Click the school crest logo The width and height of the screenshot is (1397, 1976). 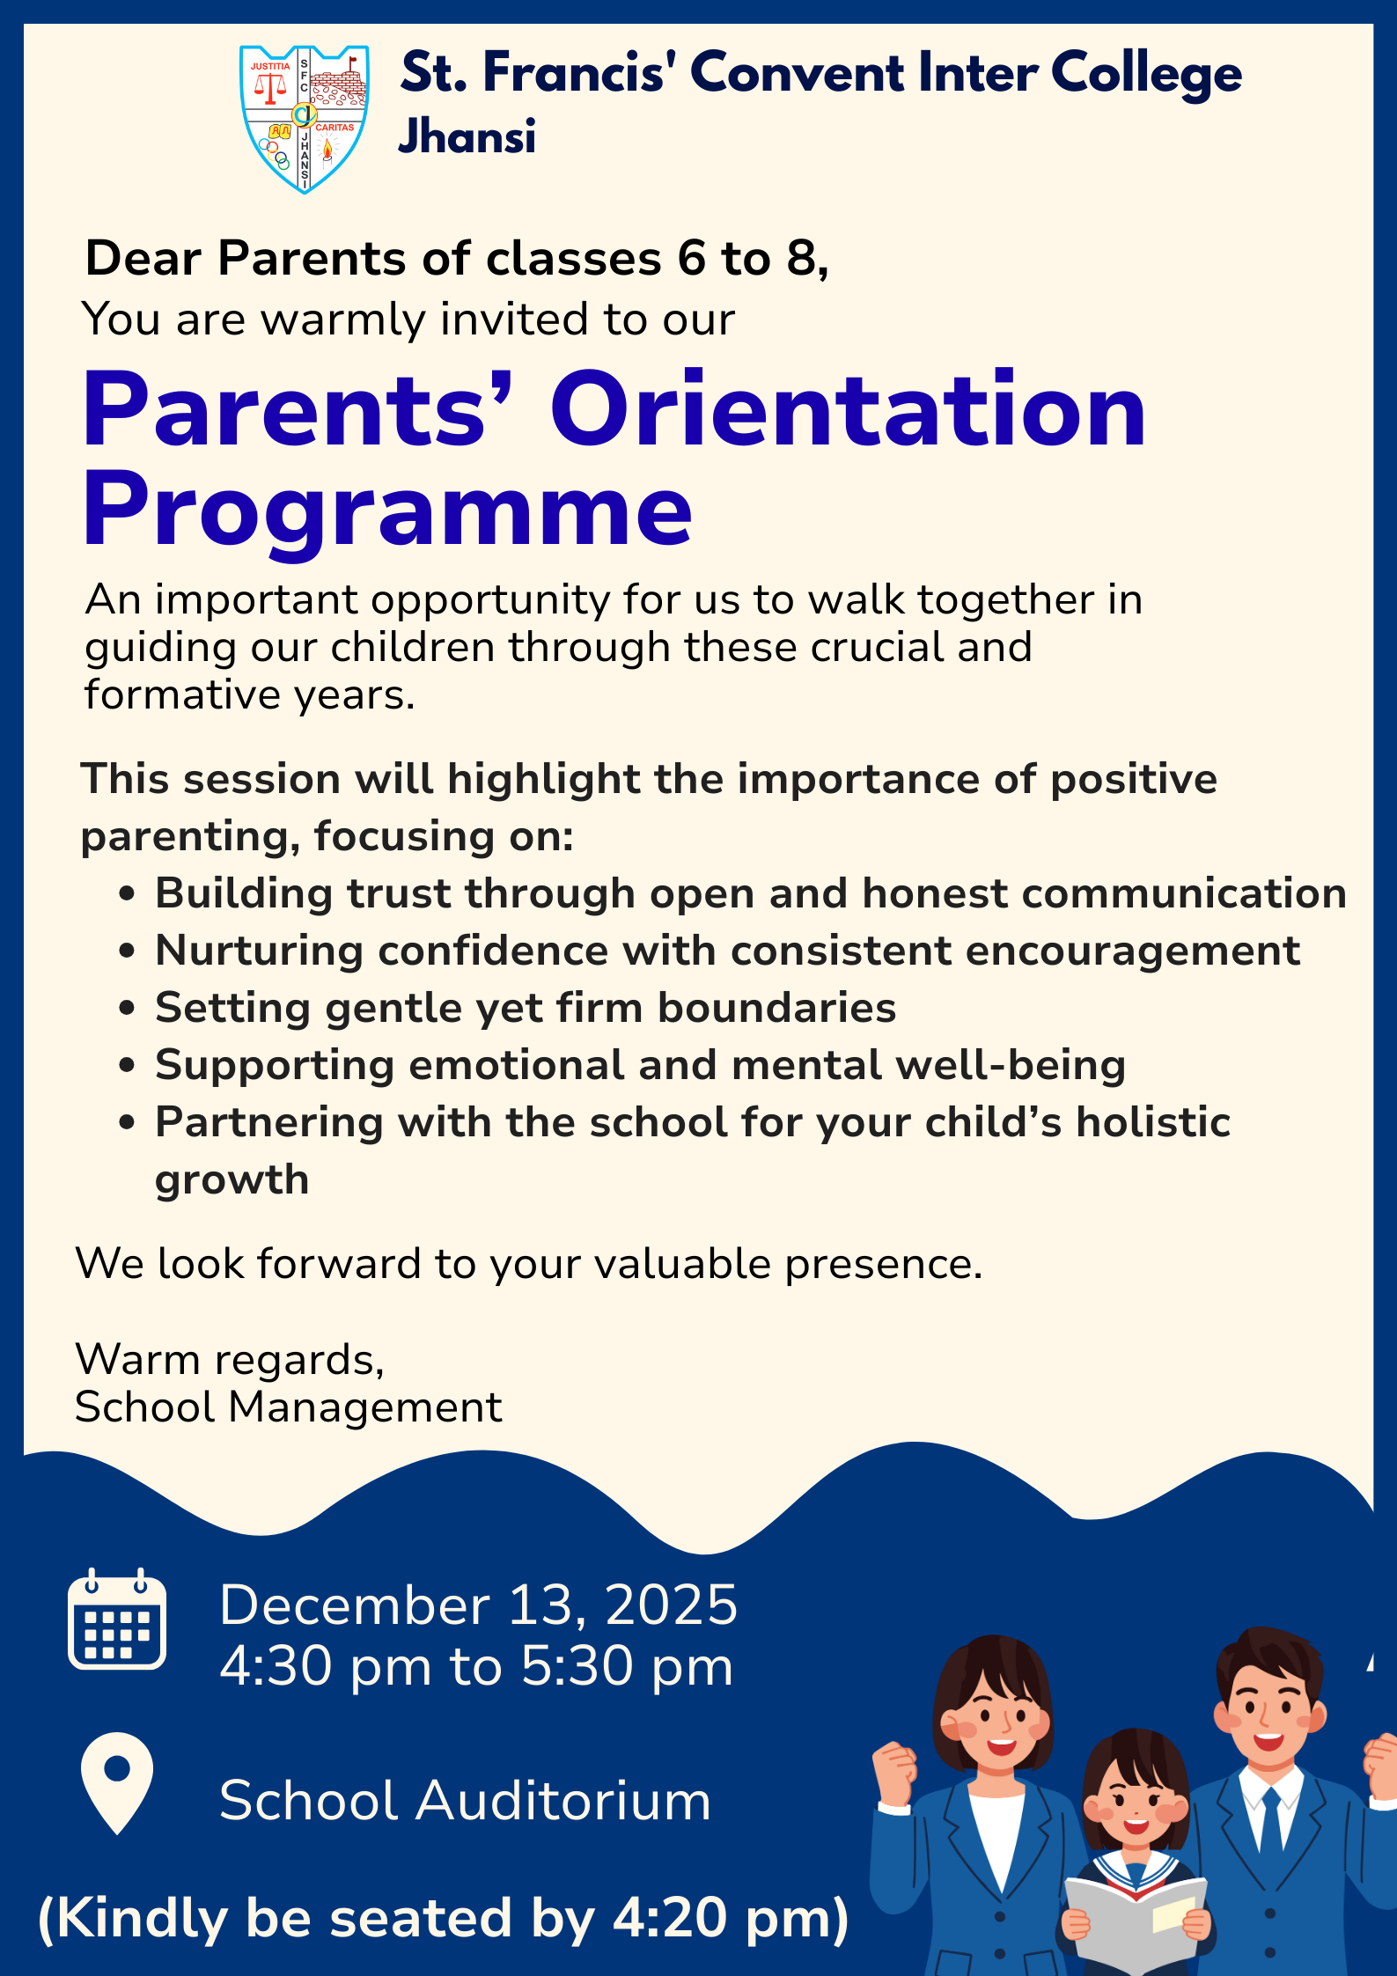[x=304, y=118]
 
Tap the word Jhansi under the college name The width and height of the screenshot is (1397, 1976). [x=467, y=137]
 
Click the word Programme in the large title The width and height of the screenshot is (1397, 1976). [x=387, y=510]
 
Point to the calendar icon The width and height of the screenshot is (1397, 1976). [x=117, y=1619]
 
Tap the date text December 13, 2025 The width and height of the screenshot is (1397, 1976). [x=478, y=1604]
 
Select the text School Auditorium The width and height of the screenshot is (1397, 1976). [x=465, y=1800]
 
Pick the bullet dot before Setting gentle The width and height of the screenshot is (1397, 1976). [x=127, y=1009]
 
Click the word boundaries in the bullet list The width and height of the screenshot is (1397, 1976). [x=777, y=1008]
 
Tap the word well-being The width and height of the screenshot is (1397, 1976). [x=1011, y=1065]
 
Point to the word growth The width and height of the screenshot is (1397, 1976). [x=232, y=1180]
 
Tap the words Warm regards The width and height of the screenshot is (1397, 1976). [x=230, y=1359]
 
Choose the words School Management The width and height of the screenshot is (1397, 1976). [x=289, y=1407]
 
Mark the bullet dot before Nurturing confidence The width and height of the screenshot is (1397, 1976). [x=127, y=951]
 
